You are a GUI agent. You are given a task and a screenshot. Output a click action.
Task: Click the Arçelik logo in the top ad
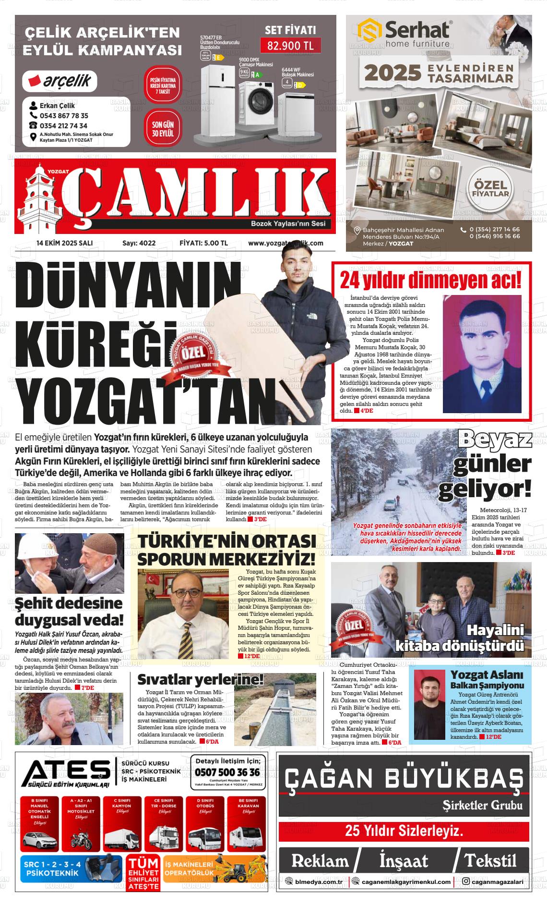click(x=60, y=81)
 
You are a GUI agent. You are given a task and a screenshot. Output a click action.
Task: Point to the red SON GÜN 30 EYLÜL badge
click(x=163, y=129)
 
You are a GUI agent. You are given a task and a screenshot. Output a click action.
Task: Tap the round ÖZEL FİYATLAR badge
click(x=490, y=189)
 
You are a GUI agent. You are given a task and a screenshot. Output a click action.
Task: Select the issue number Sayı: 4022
click(x=139, y=243)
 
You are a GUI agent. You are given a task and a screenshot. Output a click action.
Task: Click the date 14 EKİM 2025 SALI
click(x=64, y=243)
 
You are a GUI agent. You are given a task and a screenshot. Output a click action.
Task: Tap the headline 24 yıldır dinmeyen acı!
click(x=430, y=280)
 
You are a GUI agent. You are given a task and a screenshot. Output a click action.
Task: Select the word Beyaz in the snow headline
click(x=495, y=440)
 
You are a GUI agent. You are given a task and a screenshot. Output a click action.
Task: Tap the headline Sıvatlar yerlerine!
click(x=201, y=680)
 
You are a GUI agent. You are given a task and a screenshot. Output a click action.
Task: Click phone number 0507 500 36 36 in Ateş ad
click(x=227, y=772)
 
